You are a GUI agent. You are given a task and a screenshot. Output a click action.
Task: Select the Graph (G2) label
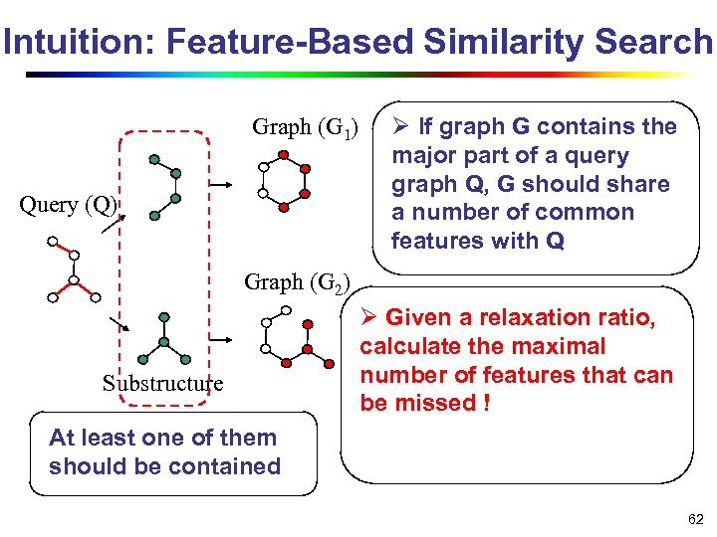(x=297, y=282)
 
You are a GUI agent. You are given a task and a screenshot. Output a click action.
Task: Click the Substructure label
(x=162, y=384)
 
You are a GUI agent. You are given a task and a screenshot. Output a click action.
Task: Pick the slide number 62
(x=694, y=519)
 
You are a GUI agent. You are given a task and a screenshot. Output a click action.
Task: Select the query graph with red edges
(x=73, y=268)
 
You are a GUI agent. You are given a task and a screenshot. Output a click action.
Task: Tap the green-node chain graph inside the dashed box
(x=163, y=186)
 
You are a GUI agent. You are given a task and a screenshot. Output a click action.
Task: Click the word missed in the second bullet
(x=432, y=403)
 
